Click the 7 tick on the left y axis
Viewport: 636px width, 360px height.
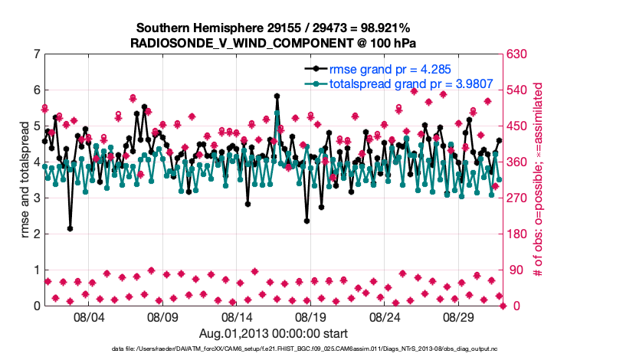click(36, 54)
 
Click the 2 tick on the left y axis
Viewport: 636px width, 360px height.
click(36, 234)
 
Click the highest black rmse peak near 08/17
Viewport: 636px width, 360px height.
click(277, 97)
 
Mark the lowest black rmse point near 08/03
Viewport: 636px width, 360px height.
click(70, 228)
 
